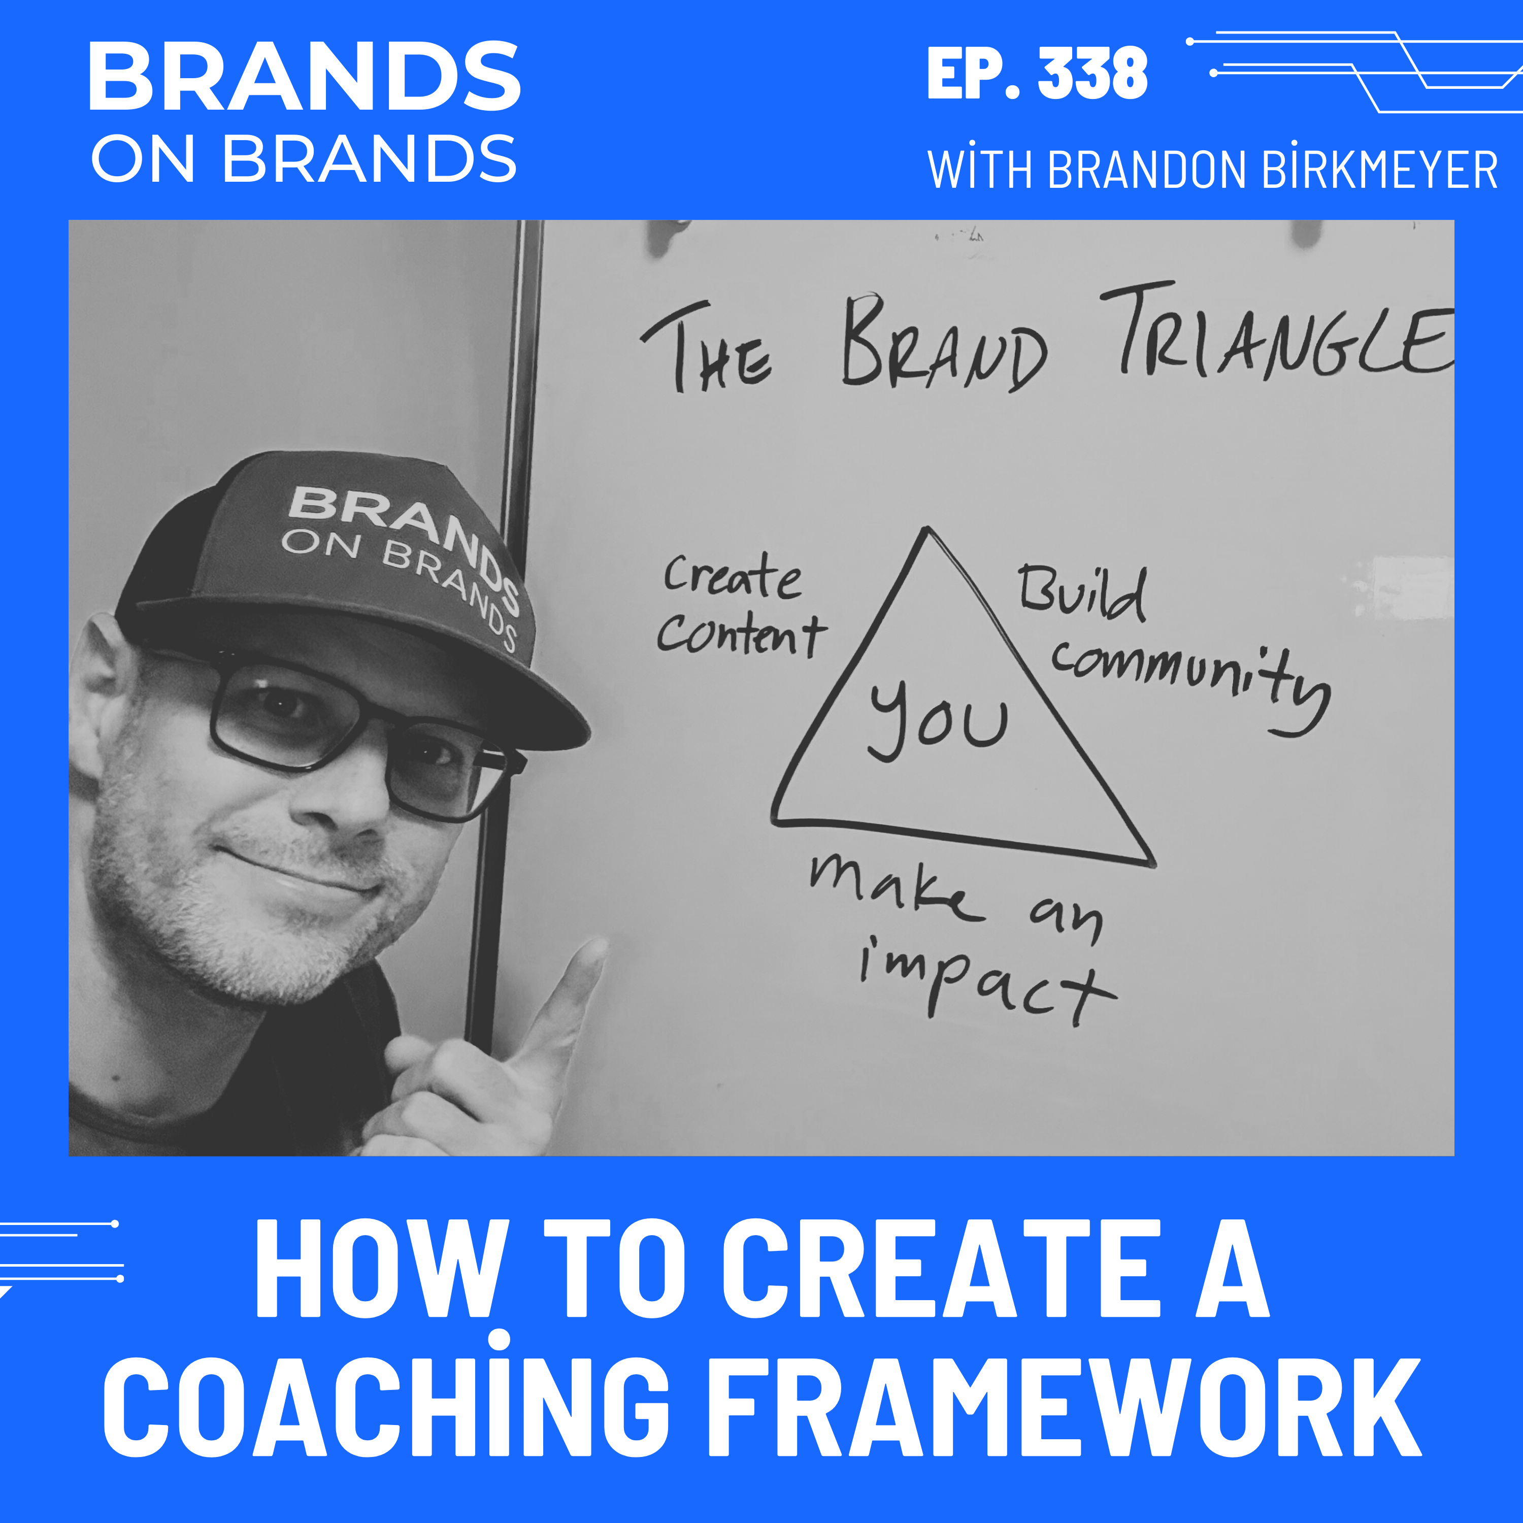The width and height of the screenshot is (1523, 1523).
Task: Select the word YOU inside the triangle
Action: pyautogui.click(x=938, y=719)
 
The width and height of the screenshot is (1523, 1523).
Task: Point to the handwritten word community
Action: pyautogui.click(x=1190, y=678)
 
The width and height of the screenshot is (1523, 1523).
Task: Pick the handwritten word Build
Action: pyautogui.click(x=1081, y=593)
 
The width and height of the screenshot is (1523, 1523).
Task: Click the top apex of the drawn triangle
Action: pyautogui.click(x=928, y=531)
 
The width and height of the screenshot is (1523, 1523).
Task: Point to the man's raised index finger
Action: pyautogui.click(x=579, y=977)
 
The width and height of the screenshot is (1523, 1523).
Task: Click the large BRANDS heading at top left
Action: pyautogui.click(x=304, y=77)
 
